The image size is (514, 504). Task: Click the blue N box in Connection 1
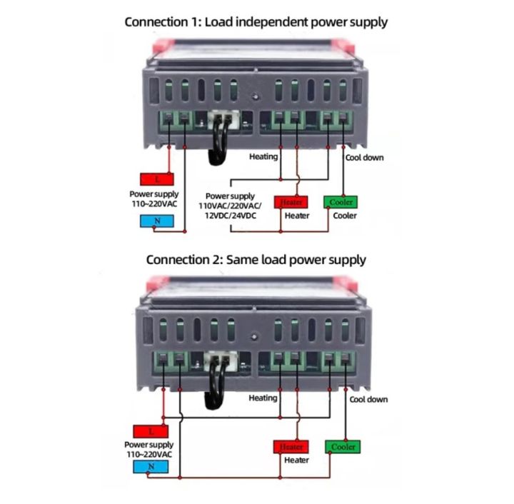coord(156,221)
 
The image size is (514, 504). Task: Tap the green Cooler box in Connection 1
coord(341,202)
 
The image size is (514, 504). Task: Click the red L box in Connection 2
coord(151,431)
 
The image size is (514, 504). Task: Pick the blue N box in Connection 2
coord(151,468)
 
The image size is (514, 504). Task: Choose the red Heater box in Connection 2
coord(291,447)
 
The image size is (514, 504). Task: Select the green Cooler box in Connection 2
coord(343,447)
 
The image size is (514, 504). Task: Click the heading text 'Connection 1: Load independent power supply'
coord(256,21)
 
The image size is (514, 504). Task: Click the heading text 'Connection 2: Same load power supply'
coord(256,260)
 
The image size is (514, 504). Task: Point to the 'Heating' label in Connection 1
coord(263,156)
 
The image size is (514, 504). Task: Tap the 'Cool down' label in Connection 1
coord(364,157)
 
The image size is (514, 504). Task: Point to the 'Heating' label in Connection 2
coord(263,398)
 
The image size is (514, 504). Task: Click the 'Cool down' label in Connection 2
coord(368,399)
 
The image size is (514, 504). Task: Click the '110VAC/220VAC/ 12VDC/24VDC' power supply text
coord(231,205)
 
